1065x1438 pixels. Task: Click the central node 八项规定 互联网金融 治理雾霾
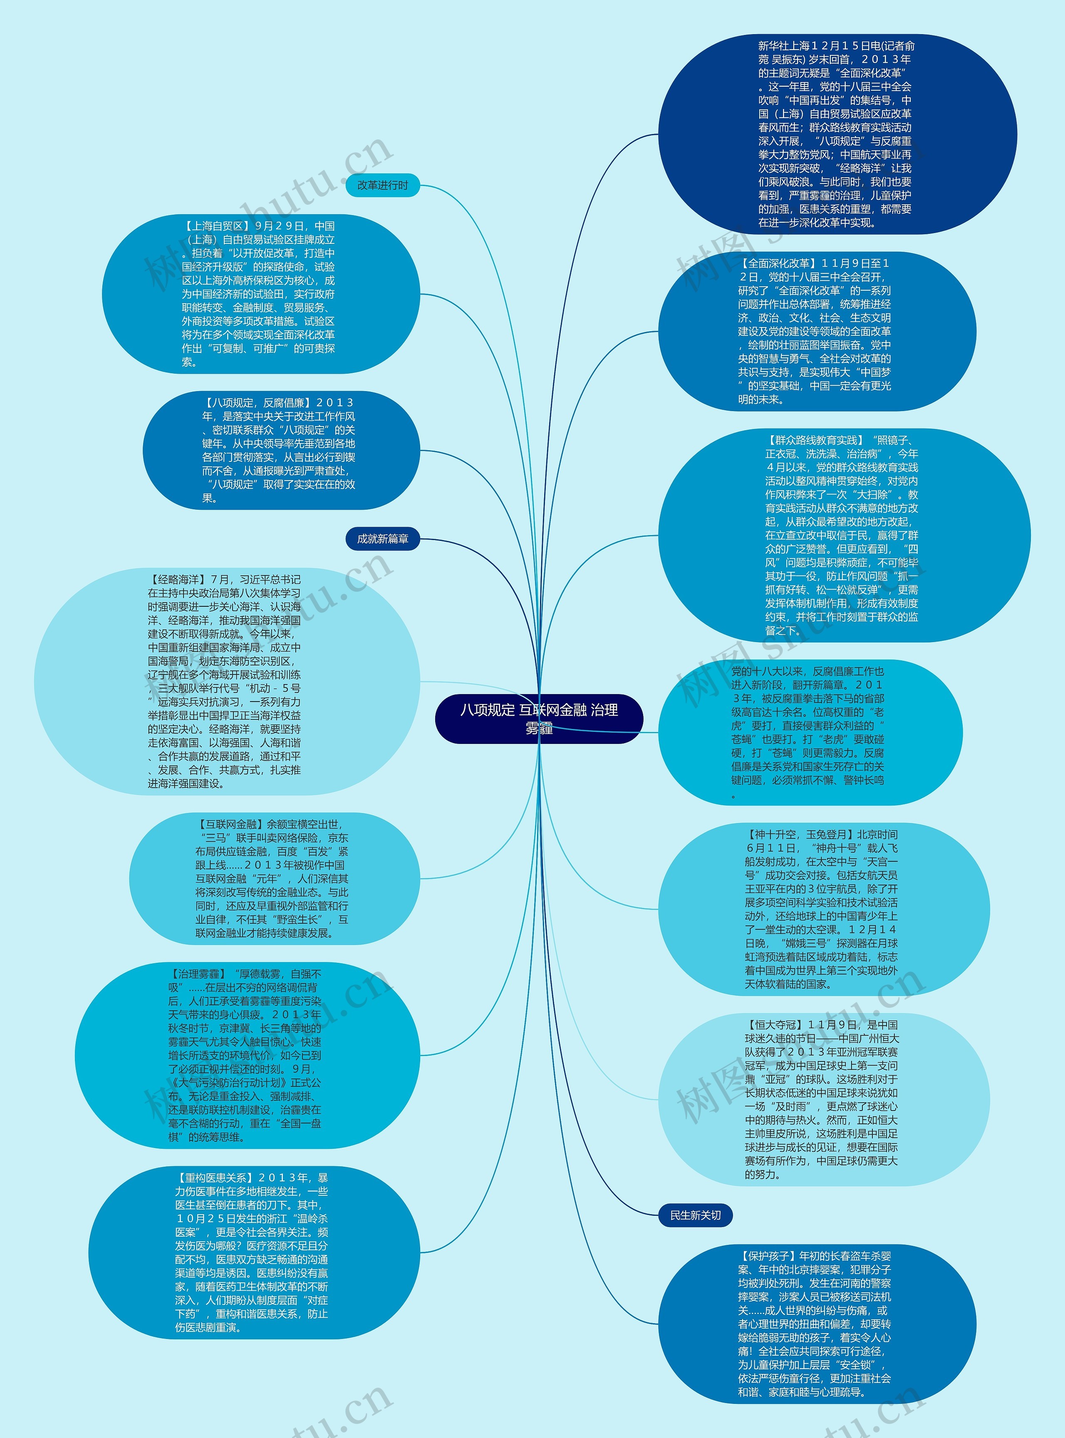coord(539,718)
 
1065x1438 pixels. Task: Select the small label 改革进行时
coord(382,185)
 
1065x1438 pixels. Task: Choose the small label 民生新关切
coord(695,1215)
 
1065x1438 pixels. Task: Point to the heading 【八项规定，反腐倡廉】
coord(258,402)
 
